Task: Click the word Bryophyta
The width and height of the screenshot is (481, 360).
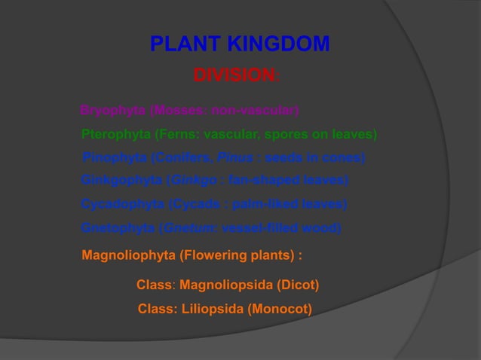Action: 113,111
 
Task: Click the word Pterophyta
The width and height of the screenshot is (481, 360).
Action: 115,135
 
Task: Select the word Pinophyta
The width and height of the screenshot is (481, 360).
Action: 115,158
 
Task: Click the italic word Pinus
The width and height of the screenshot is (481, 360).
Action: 233,158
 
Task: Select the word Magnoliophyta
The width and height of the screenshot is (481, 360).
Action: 127,255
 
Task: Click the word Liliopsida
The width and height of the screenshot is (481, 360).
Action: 207,309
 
